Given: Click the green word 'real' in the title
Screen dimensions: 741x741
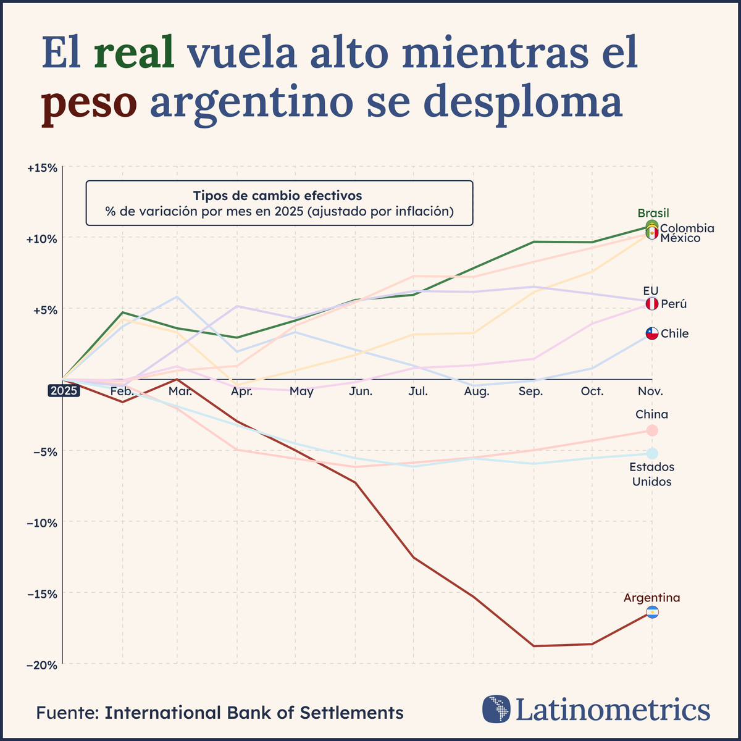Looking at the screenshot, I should [x=135, y=54].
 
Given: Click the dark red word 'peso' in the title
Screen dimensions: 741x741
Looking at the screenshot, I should [x=89, y=103].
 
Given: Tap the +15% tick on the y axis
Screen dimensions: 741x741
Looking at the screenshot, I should [x=43, y=167].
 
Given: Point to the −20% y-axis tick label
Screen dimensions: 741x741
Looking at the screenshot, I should [x=43, y=664].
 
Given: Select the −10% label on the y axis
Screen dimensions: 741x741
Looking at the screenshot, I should [x=43, y=522].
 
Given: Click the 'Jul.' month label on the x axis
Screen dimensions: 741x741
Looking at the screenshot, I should [x=418, y=391].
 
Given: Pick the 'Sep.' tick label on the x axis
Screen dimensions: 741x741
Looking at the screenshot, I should [x=531, y=391].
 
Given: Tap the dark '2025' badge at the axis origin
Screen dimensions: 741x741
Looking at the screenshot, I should [x=64, y=391].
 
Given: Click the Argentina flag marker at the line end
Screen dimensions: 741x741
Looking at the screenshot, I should [x=652, y=613].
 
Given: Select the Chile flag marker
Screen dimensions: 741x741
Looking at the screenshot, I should [x=652, y=333].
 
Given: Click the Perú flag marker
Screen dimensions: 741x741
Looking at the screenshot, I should [x=652, y=304].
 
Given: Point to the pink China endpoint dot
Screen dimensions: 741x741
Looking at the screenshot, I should [x=652, y=430].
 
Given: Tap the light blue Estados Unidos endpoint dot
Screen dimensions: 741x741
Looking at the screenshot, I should [x=652, y=454].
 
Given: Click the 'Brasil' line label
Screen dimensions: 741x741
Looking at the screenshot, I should [x=653, y=214].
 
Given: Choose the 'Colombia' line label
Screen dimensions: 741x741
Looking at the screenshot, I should [x=687, y=228].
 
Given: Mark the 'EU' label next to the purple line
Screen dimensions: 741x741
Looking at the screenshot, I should [x=651, y=290].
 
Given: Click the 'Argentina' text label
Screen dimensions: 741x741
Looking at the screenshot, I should [x=651, y=598].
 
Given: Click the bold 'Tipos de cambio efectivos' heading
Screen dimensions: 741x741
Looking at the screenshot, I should [x=278, y=196].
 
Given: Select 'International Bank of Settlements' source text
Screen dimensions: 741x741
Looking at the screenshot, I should [x=254, y=713].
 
